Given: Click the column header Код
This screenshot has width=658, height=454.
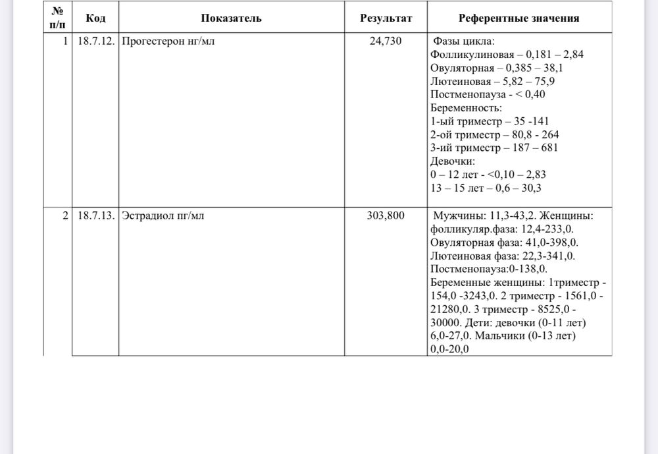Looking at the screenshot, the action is click(95, 18).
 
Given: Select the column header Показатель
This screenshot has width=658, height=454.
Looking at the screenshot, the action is click(231, 18).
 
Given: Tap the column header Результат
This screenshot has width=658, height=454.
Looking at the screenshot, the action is click(386, 18).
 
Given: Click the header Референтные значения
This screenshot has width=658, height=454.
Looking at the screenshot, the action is click(519, 18).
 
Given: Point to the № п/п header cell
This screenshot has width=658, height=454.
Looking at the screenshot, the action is click(57, 18).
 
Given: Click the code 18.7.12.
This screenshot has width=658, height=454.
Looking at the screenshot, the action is click(95, 41).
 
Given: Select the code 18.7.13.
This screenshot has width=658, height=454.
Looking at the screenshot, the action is click(95, 215).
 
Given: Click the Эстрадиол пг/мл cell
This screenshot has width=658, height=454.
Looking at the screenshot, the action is click(163, 215).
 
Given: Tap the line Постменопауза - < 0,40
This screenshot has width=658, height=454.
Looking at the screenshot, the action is click(487, 94).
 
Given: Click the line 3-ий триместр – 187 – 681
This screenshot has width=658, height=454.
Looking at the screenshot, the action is click(493, 148).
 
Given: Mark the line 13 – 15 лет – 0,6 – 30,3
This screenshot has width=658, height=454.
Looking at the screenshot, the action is click(486, 188).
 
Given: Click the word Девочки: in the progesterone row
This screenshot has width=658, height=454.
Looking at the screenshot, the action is click(453, 161).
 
